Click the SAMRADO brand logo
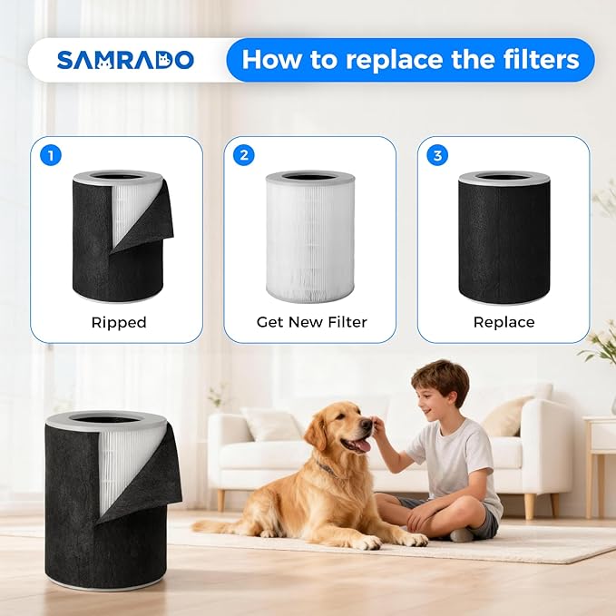click(x=125, y=60)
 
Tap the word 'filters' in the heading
click(x=538, y=59)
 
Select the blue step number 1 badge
click(x=51, y=155)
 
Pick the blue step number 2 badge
click(x=244, y=155)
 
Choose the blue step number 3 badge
click(x=437, y=155)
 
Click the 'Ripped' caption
click(x=119, y=323)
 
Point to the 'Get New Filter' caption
click(x=311, y=322)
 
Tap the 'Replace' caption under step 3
click(x=504, y=322)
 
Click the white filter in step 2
click(x=310, y=237)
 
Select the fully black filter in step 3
click(x=504, y=237)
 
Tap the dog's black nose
click(x=367, y=424)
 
